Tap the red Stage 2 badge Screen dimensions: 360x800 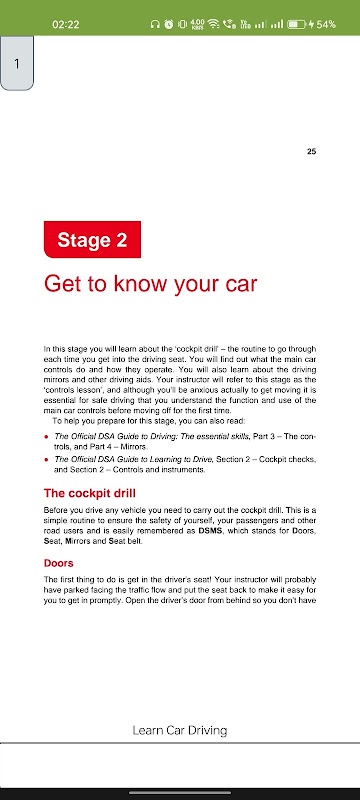point(92,239)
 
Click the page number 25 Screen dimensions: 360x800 point(312,151)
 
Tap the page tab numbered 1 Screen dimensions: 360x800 point(17,63)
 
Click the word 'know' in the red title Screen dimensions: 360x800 point(139,284)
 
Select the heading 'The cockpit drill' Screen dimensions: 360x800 point(90,493)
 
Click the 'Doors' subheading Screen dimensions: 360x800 point(59,563)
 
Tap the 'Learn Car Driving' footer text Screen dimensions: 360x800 point(179,730)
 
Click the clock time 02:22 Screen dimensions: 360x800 point(65,24)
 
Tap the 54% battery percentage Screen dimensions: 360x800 point(326,24)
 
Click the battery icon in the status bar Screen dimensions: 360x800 point(296,24)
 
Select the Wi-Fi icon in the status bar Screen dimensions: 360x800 point(214,24)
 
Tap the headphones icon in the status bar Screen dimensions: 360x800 point(155,24)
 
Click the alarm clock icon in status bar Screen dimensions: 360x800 point(168,24)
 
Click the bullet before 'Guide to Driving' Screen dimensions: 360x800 point(46,437)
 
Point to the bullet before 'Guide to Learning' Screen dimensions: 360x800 point(46,460)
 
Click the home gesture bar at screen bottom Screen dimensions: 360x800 point(180,792)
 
